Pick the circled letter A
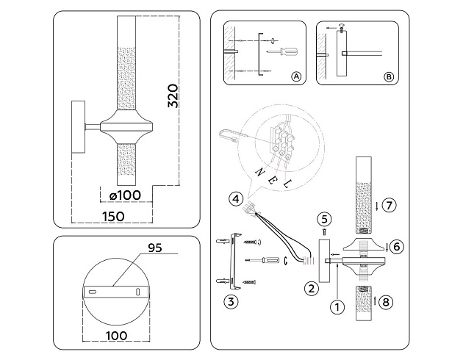[x=296, y=76]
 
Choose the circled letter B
[x=389, y=76]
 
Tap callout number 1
[x=337, y=307]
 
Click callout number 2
[x=312, y=288]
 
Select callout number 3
[x=232, y=300]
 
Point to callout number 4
[x=234, y=198]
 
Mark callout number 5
[x=326, y=219]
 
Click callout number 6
[x=395, y=247]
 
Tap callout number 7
[x=390, y=205]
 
